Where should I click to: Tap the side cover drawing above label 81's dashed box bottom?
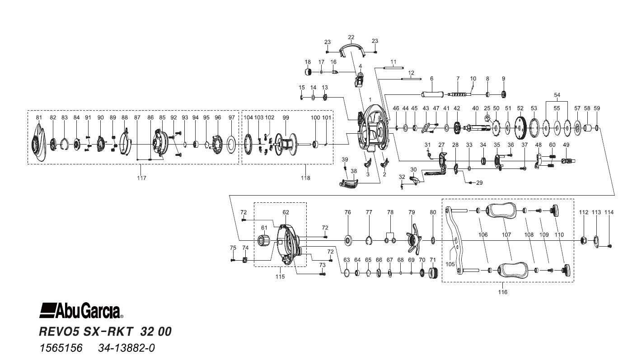pos(39,144)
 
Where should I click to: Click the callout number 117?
pos(141,178)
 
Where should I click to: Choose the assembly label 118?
pos(305,178)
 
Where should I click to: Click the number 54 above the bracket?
pos(557,95)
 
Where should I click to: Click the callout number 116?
pos(503,292)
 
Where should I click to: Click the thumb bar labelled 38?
pos(350,182)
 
